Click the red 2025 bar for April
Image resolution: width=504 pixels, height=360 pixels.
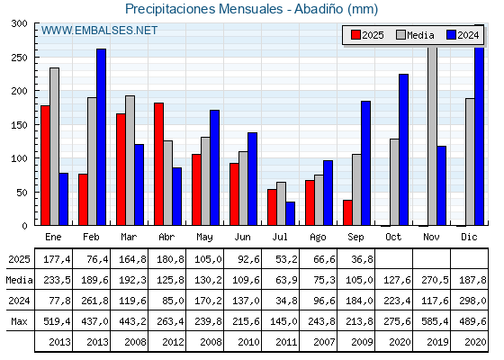click(158, 164)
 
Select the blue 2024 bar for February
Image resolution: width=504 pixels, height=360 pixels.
click(101, 137)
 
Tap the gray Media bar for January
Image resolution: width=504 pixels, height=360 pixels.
click(54, 147)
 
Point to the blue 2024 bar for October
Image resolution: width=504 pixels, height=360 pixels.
click(404, 149)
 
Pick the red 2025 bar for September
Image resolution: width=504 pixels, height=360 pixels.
click(347, 212)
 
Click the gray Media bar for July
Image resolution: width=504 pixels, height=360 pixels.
click(281, 203)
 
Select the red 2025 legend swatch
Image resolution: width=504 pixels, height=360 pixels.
click(355, 35)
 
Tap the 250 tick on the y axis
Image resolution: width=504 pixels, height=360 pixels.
click(19, 58)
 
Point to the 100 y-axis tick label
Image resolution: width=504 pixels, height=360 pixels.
click(19, 158)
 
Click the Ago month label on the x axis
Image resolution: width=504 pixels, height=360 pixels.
click(318, 238)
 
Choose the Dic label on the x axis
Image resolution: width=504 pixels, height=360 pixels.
click(469, 237)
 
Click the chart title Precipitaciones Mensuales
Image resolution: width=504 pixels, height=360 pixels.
click(203, 9)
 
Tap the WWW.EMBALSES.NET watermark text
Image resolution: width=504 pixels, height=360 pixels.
click(99, 31)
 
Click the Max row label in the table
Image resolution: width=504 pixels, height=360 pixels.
click(19, 321)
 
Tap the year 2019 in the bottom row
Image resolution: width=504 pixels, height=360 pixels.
click(437, 342)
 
